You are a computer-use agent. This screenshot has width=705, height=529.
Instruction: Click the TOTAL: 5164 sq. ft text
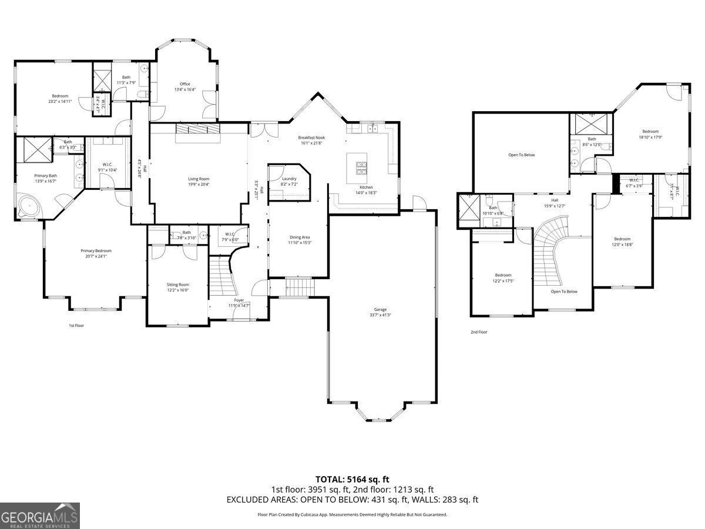point(352,479)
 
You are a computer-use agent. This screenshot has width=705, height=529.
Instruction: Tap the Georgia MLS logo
point(39,515)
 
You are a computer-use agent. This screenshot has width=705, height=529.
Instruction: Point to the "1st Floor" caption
point(76,325)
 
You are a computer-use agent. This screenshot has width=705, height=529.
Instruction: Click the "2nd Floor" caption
point(479,332)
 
